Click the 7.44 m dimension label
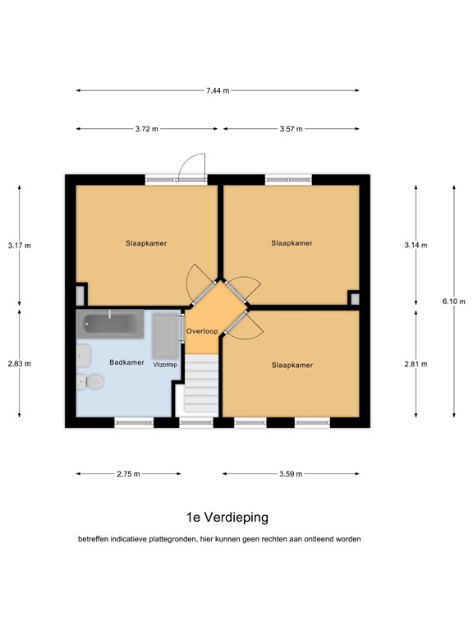(218, 90)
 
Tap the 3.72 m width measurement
(146, 129)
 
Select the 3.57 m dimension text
(292, 129)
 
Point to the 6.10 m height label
(453, 301)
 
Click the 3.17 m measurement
(20, 245)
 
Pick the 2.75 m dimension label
(129, 473)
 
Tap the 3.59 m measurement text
(291, 473)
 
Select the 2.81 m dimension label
(416, 364)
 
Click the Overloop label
(202, 331)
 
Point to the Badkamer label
(126, 362)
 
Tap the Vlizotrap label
(165, 365)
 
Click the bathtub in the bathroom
(110, 324)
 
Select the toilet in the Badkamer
(90, 381)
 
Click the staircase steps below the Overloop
(201, 385)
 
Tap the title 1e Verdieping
(227, 517)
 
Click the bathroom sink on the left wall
(83, 355)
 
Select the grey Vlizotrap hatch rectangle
(164, 336)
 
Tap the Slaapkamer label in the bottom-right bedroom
(292, 365)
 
